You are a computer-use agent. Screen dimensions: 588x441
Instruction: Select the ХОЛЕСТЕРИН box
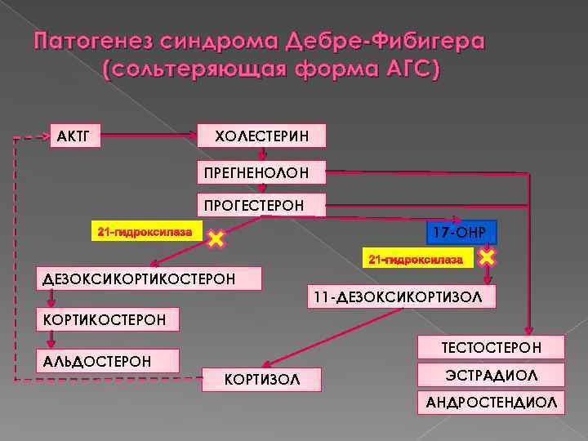261,136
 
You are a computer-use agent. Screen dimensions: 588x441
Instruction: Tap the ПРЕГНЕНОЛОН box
261,171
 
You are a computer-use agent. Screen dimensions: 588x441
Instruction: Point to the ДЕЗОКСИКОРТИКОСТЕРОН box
149,279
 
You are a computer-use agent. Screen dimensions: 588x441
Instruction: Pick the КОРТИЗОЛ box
262,380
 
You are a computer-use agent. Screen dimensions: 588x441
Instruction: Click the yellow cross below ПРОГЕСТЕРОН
216,239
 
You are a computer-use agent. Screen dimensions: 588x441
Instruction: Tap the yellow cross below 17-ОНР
487,258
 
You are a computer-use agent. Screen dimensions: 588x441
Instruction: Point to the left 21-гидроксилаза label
145,232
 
